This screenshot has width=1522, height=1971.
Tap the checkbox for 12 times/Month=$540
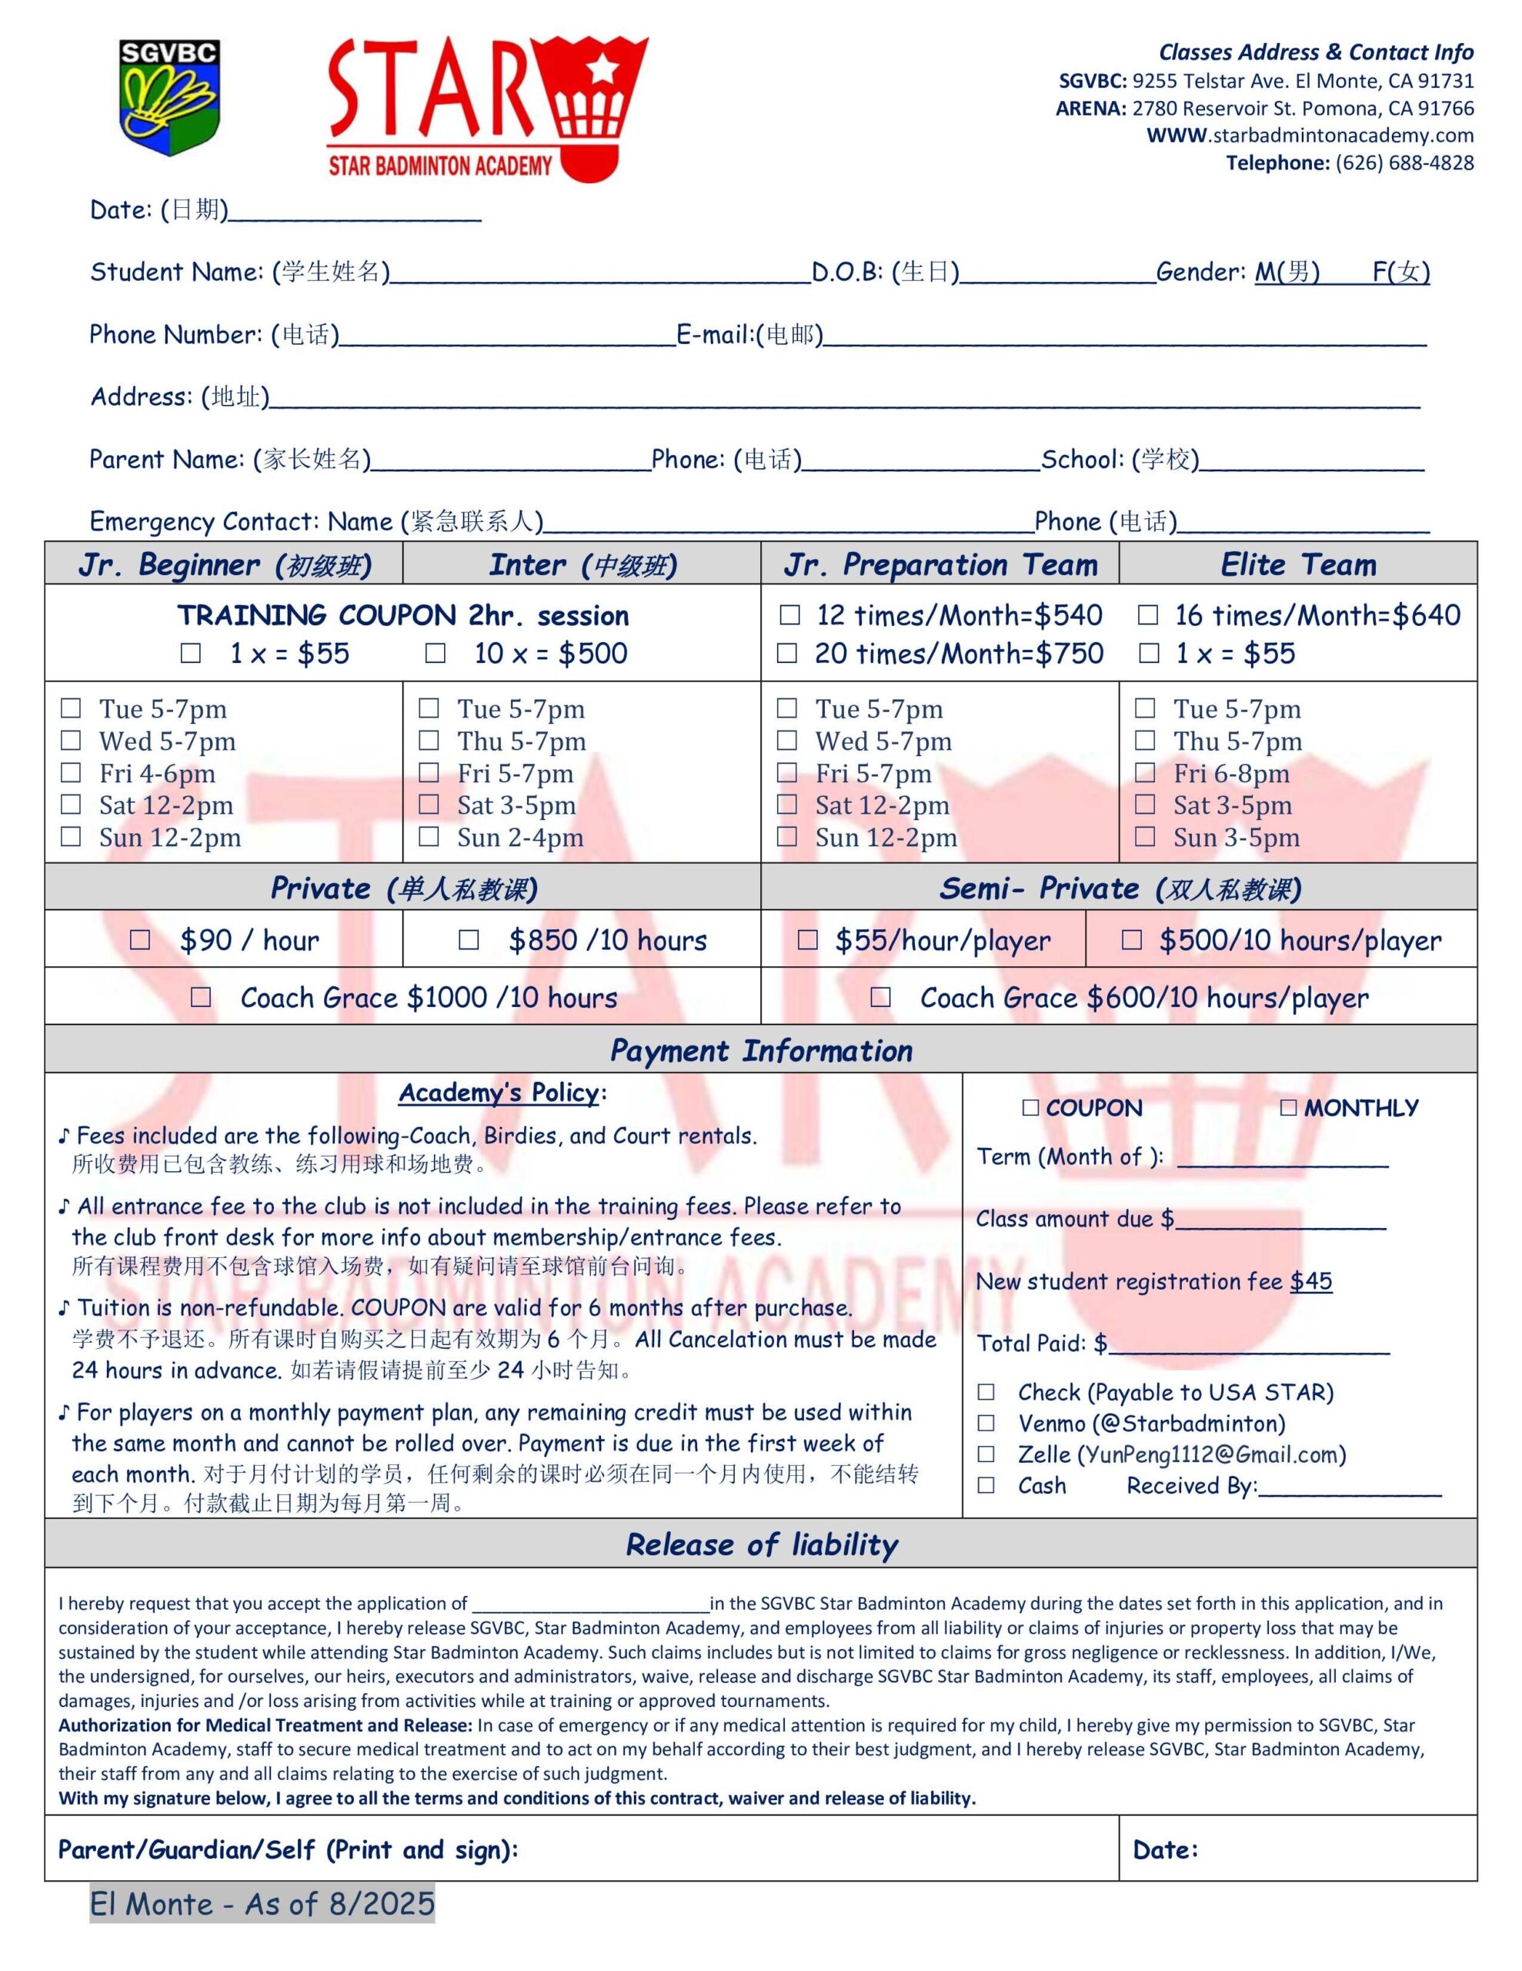[789, 615]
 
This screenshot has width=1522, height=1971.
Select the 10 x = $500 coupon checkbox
[436, 654]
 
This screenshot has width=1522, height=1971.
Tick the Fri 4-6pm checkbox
[70, 774]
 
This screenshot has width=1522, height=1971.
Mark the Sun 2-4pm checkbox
[429, 838]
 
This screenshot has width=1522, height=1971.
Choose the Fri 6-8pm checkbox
[1145, 774]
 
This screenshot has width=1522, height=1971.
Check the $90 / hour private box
[140, 940]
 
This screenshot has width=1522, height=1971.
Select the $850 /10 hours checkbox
[469, 940]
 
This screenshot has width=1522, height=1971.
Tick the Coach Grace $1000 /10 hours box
[201, 997]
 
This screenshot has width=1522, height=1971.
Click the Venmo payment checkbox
[986, 1423]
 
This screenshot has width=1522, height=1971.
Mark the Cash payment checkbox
[986, 1485]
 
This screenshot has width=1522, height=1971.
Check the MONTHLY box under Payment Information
[1288, 1107]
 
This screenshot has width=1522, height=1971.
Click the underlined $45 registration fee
[1311, 1281]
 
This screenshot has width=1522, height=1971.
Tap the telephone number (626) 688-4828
[1405, 163]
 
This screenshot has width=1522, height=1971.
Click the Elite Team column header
[1298, 565]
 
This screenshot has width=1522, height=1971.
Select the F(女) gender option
[1401, 272]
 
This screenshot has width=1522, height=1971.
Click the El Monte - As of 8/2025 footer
[262, 1904]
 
